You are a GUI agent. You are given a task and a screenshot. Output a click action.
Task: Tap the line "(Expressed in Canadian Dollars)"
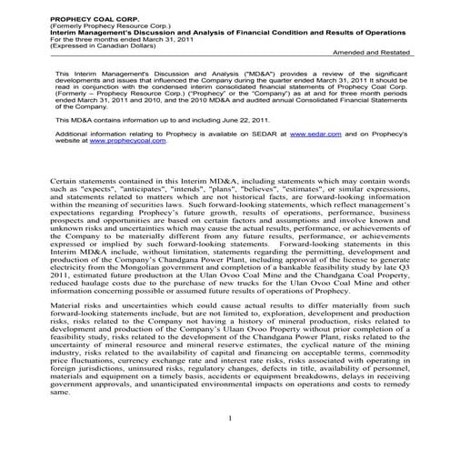point(67,34)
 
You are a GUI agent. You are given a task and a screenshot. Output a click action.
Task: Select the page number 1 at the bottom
point(233,443)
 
